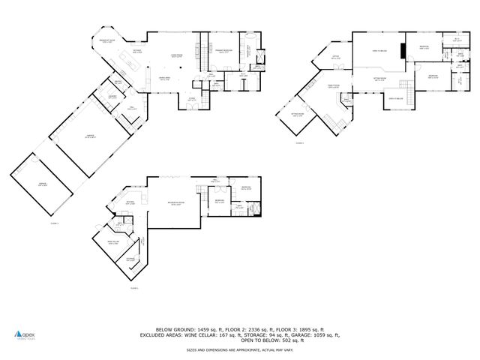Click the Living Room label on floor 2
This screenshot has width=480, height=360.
tap(178, 56)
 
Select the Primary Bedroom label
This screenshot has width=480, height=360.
tap(223, 52)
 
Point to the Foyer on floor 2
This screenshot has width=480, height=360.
tap(191, 99)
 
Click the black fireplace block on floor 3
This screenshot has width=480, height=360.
tap(403, 51)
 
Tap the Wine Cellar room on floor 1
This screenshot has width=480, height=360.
tap(113, 242)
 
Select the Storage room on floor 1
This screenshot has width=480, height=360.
tap(130, 259)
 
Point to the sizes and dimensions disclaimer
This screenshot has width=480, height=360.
tap(240, 349)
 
